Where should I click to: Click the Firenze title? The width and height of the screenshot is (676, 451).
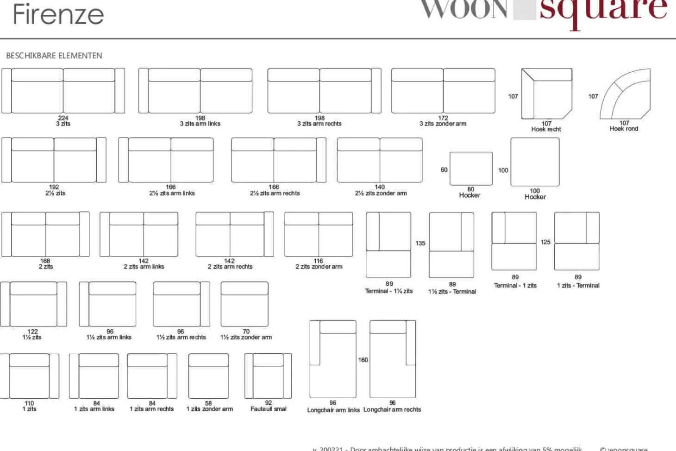point(58,15)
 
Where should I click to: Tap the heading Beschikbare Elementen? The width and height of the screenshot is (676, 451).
point(54,56)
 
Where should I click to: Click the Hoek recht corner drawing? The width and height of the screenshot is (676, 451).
point(546,94)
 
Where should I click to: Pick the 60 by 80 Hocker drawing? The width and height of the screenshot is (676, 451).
point(471,169)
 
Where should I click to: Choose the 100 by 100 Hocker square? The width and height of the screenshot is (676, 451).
point(535,162)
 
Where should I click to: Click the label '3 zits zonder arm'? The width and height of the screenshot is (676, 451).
point(443,124)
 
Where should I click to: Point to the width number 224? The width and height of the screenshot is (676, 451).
point(63,118)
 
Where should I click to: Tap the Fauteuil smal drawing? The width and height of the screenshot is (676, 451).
point(268,376)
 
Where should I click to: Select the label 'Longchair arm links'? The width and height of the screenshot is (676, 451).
point(333,410)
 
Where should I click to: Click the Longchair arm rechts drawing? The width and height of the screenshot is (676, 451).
point(393,359)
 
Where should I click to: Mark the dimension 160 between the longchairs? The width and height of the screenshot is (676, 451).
point(363,360)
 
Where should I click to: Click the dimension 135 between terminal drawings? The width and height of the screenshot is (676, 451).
point(420,243)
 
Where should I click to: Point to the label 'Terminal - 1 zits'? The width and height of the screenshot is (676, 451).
point(515,286)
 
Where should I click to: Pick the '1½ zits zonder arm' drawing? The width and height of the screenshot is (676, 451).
point(244,304)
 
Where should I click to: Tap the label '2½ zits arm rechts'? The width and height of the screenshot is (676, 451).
point(275,193)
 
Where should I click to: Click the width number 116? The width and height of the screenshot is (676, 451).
point(318,261)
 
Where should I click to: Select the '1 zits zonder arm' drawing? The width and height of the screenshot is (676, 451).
point(209,376)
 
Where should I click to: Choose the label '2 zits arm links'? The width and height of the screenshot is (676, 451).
point(144,267)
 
